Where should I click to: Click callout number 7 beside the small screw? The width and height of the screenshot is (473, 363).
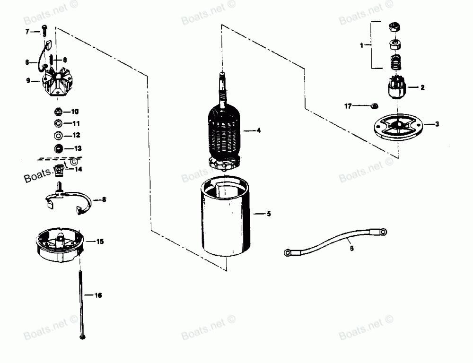[27, 31]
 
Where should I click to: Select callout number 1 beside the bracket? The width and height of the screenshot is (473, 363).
[362, 45]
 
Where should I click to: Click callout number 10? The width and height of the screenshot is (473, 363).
[75, 112]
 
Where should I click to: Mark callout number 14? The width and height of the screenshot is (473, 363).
[77, 169]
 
